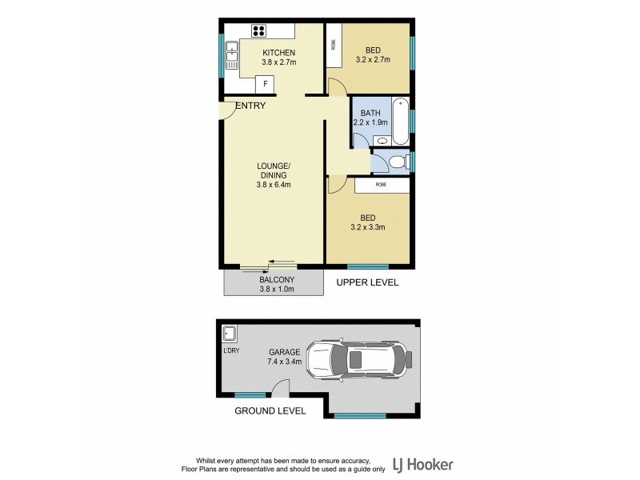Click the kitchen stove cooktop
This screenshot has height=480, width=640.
tap(260, 32)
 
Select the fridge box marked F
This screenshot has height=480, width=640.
tap(264, 84)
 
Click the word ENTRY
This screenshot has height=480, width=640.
tap(250, 105)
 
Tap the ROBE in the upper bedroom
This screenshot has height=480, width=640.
tap(334, 45)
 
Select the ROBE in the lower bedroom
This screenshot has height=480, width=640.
tap(382, 185)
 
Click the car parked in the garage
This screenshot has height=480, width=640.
tap(360, 360)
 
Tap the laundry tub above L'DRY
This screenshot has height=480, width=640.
tap(228, 334)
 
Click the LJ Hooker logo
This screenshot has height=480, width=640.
tap(423, 464)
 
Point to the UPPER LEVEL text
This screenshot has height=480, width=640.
tap(367, 283)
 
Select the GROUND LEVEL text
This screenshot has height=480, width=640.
tap(270, 411)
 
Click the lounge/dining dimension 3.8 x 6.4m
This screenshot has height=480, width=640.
tap(273, 185)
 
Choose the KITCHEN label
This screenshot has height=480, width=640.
tap(269, 53)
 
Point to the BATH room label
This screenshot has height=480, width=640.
tap(370, 113)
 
